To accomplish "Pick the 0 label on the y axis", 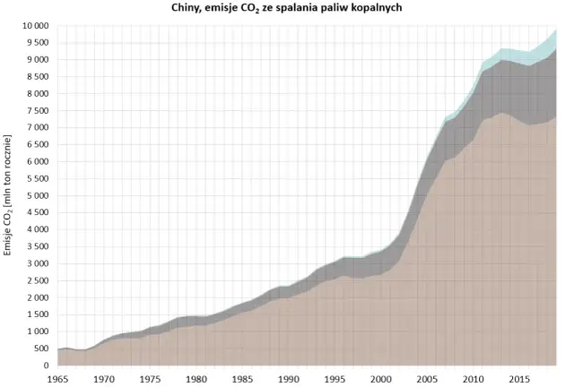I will pos(46,365).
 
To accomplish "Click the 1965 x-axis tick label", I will pos(58,379).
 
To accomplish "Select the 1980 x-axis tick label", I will pos(197,379).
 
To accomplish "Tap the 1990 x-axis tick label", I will pos(289,379).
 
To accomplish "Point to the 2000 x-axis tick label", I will pos(381,379).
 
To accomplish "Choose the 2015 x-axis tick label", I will pos(518,379).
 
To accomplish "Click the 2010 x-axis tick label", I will pos(473,379).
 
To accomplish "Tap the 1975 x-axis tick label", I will pos(151,379).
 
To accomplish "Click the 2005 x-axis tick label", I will pos(427,379).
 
